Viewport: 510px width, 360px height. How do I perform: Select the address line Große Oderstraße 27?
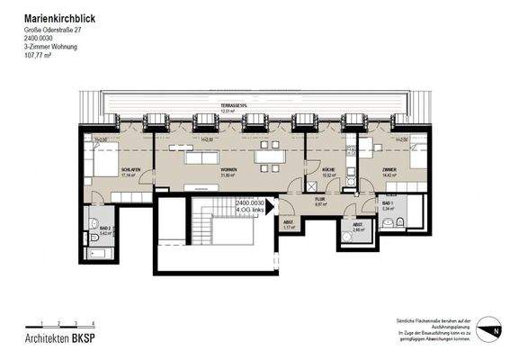pos(54,32)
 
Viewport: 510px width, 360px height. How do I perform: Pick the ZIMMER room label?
pos(389,170)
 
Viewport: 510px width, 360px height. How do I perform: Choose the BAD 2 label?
pos(103,229)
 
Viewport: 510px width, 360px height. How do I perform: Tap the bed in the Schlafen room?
pos(102,159)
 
